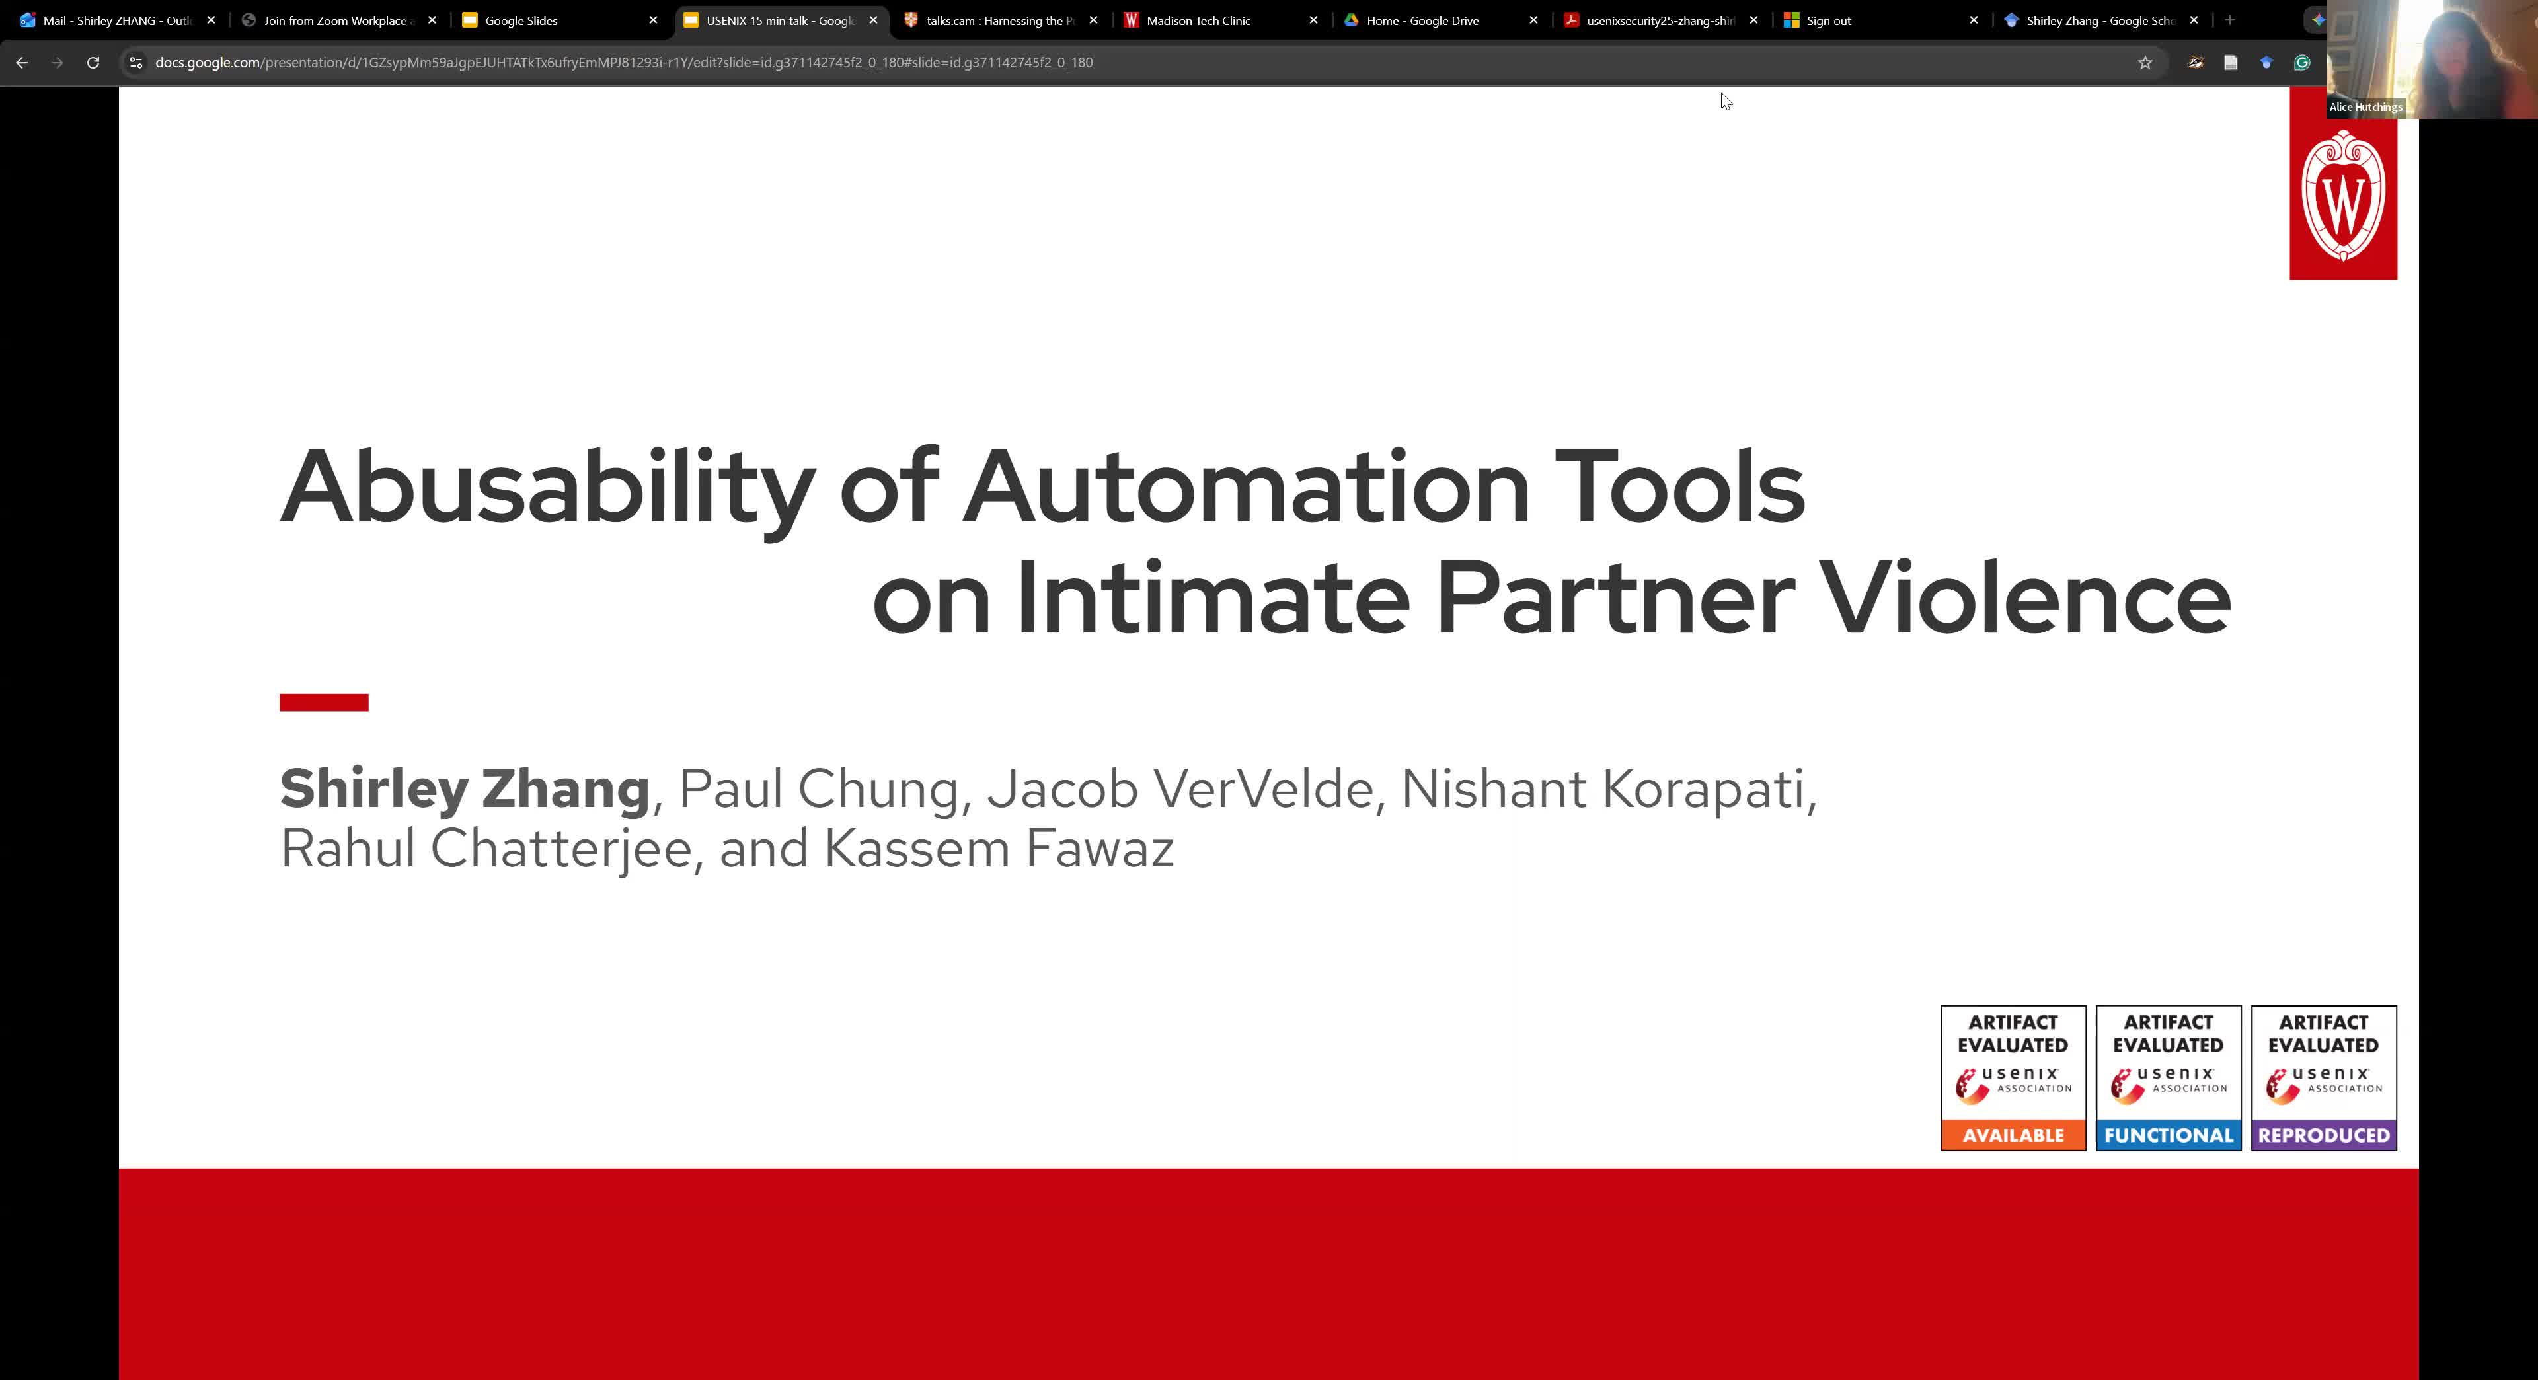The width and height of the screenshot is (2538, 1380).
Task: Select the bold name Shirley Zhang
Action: tap(465, 789)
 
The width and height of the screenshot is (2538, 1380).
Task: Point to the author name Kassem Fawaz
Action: tap(999, 848)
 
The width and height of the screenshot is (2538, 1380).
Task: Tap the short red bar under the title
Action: tap(324, 703)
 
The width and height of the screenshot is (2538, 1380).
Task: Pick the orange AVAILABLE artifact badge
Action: tap(2013, 1077)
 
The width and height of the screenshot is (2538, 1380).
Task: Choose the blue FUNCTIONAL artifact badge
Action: tap(2169, 1077)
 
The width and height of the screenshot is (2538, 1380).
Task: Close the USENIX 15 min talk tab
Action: tap(873, 20)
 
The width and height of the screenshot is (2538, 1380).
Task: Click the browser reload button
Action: tap(93, 62)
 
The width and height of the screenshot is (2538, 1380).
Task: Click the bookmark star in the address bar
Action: tap(2145, 62)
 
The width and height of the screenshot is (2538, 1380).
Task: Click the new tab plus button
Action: tap(2229, 20)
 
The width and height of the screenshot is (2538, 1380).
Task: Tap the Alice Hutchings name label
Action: tap(2365, 107)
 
